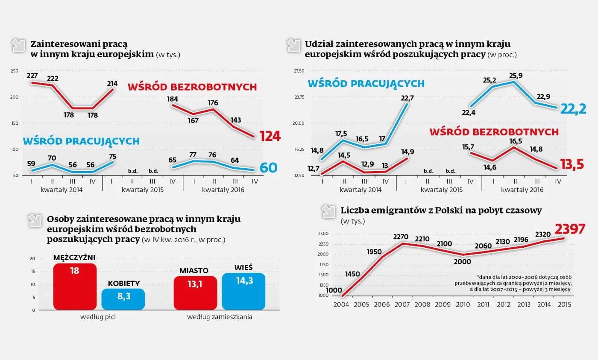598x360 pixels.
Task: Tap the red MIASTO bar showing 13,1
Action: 195,293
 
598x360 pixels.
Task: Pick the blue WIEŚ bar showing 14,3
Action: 243,291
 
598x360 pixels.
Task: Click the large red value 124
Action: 270,136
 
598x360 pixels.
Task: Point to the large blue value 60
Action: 268,168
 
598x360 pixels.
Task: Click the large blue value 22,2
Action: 573,109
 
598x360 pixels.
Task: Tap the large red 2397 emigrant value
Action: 570,229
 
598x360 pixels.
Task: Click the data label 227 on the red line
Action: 32,76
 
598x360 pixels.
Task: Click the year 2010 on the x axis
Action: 463,304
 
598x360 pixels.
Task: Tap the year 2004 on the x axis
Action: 342,304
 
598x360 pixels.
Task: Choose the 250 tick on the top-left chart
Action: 15,71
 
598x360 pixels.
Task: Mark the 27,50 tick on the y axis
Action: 299,71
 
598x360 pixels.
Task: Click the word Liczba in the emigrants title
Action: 355,210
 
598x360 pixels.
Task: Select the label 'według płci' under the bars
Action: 98,317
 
